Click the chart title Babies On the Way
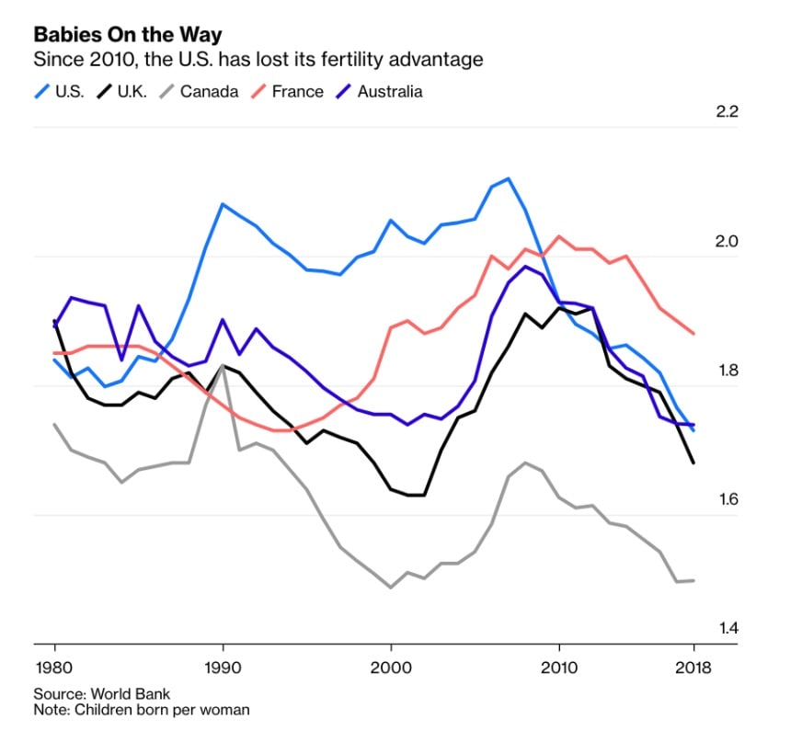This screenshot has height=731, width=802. [x=128, y=35]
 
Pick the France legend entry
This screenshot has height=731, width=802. [x=291, y=91]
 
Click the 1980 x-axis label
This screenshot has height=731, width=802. [x=54, y=668]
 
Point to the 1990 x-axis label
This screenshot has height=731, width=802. [x=223, y=668]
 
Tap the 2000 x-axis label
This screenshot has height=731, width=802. [x=391, y=668]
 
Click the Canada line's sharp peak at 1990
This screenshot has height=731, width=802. [x=223, y=366]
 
